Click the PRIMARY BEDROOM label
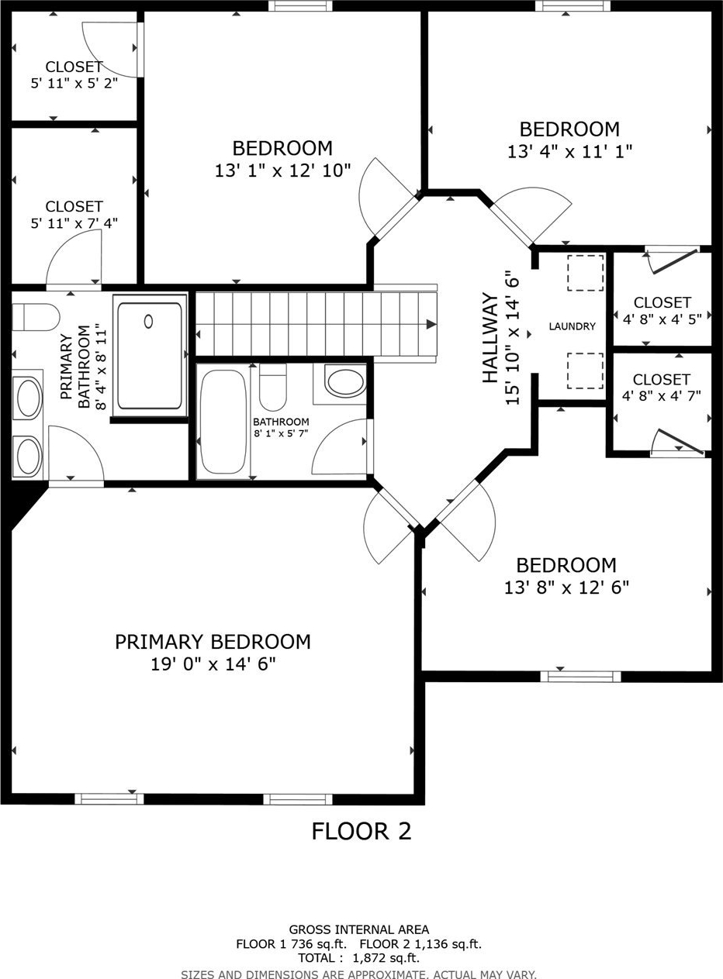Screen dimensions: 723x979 coord(213,642)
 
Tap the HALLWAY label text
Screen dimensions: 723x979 coord(490,338)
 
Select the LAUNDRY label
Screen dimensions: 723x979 coord(573,326)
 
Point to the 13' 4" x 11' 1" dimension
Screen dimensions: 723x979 coord(569,152)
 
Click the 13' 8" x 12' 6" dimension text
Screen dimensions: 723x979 coord(566,588)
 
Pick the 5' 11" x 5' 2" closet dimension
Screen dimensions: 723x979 coord(74,83)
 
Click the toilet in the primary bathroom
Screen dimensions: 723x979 coord(36,316)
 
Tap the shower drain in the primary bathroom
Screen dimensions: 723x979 coord(148,322)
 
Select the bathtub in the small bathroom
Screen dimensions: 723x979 coord(223,422)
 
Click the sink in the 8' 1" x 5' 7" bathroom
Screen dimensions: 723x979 coord(344,382)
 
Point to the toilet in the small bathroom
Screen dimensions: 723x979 coord(272,387)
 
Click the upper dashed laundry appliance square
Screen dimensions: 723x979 coord(586,273)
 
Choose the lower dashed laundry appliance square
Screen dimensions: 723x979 coord(586,371)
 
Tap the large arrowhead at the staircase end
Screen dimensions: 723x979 coord(431,325)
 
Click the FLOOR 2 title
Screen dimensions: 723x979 coord(361,832)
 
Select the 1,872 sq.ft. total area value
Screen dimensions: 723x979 coord(386,958)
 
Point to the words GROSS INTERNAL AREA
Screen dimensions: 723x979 coord(359,930)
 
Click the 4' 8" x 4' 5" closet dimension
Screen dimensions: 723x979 coord(662,319)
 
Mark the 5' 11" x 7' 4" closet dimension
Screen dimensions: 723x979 coord(74,223)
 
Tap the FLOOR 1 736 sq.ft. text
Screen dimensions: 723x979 coord(292,944)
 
